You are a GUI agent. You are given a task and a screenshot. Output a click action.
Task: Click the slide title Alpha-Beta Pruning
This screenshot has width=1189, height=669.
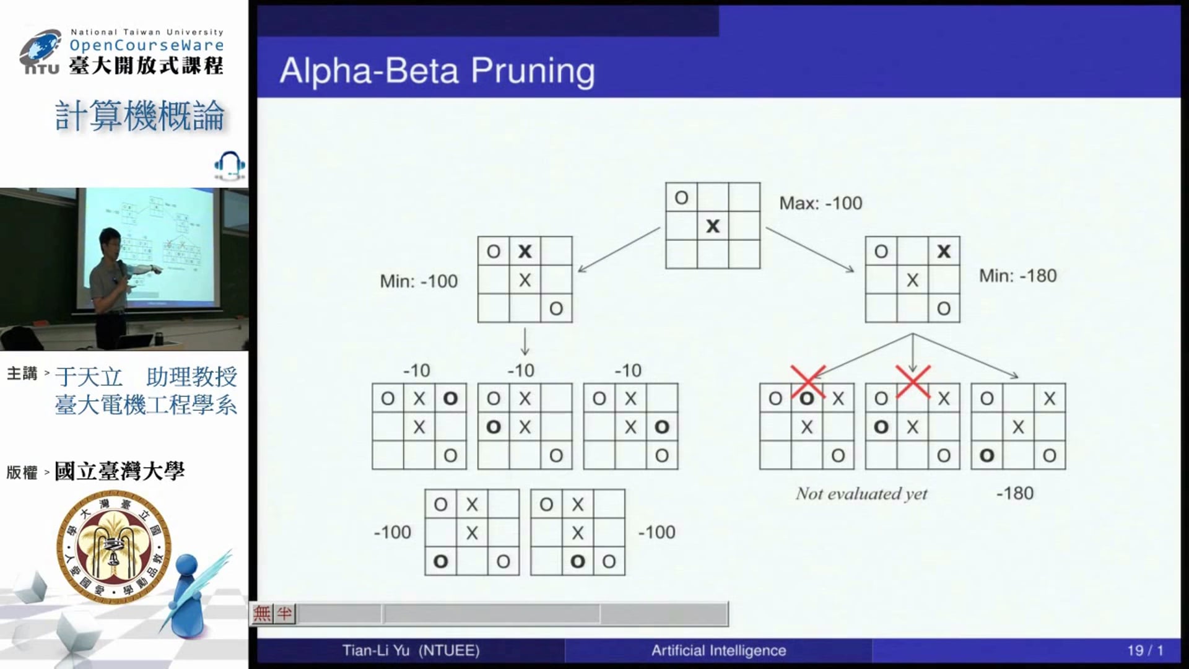pyautogui.click(x=437, y=71)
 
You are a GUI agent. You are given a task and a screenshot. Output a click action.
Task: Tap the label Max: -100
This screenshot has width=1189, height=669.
pyautogui.click(x=820, y=203)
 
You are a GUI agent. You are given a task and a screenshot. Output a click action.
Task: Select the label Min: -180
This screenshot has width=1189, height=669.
pyautogui.click(x=1017, y=276)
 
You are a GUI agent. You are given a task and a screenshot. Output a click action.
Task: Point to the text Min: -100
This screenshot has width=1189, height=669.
pyautogui.click(x=419, y=281)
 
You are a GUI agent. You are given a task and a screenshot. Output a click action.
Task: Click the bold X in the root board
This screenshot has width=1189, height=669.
pyautogui.click(x=713, y=226)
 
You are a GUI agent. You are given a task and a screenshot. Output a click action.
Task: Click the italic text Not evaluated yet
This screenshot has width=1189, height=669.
pyautogui.click(x=861, y=494)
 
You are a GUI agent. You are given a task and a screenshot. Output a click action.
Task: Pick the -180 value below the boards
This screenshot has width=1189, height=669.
pyautogui.click(x=1015, y=493)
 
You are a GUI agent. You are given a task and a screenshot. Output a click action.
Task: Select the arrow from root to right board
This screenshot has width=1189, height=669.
pyautogui.click(x=810, y=250)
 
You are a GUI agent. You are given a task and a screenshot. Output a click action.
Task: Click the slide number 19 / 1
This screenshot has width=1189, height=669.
pyautogui.click(x=1144, y=650)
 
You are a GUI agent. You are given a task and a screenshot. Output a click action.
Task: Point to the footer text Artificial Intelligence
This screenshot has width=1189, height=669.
pyautogui.click(x=718, y=650)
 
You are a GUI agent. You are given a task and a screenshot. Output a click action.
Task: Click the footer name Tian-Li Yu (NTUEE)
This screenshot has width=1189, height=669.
pyautogui.click(x=411, y=650)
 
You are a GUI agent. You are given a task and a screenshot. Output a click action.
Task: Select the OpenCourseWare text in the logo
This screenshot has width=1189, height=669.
pyautogui.click(x=147, y=45)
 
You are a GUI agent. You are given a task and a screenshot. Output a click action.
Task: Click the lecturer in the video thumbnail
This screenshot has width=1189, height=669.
pyautogui.click(x=111, y=273)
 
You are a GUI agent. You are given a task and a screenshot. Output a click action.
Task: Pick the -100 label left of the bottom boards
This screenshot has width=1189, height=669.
pyautogui.click(x=393, y=532)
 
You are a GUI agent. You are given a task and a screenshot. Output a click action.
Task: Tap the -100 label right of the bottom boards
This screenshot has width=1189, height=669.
pyautogui.click(x=656, y=532)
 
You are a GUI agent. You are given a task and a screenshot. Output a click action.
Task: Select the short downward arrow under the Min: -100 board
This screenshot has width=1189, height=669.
pyautogui.click(x=525, y=341)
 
